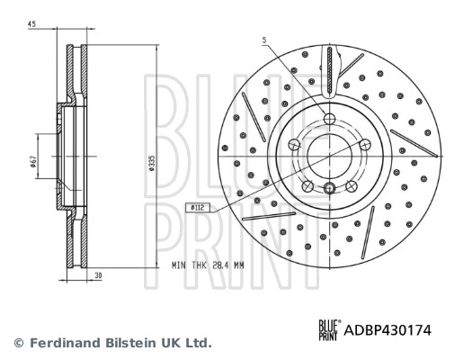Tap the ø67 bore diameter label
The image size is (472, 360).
(x=32, y=161)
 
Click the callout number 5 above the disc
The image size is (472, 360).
(x=264, y=40)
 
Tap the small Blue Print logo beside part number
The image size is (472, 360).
(x=330, y=330)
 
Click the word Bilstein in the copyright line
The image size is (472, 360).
(x=128, y=343)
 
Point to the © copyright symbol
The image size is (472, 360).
(x=18, y=343)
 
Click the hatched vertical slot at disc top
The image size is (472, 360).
(x=330, y=67)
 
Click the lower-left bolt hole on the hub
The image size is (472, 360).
(x=307, y=184)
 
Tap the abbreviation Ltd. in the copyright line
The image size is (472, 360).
(x=197, y=343)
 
